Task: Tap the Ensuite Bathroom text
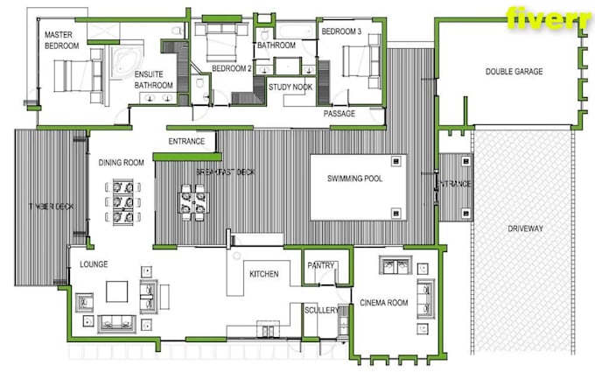[x=153, y=80]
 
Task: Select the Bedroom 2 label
[x=232, y=67]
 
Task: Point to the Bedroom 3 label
[x=341, y=32]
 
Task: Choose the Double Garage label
[x=514, y=72]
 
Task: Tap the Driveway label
[x=525, y=228]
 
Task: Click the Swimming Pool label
[x=355, y=179]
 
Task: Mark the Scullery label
[x=322, y=309]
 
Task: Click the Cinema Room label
[x=384, y=303]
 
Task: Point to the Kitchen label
[x=264, y=274]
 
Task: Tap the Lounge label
[x=94, y=263]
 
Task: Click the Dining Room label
[x=122, y=162]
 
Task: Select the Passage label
[x=339, y=114]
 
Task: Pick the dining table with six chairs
[x=122, y=203]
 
